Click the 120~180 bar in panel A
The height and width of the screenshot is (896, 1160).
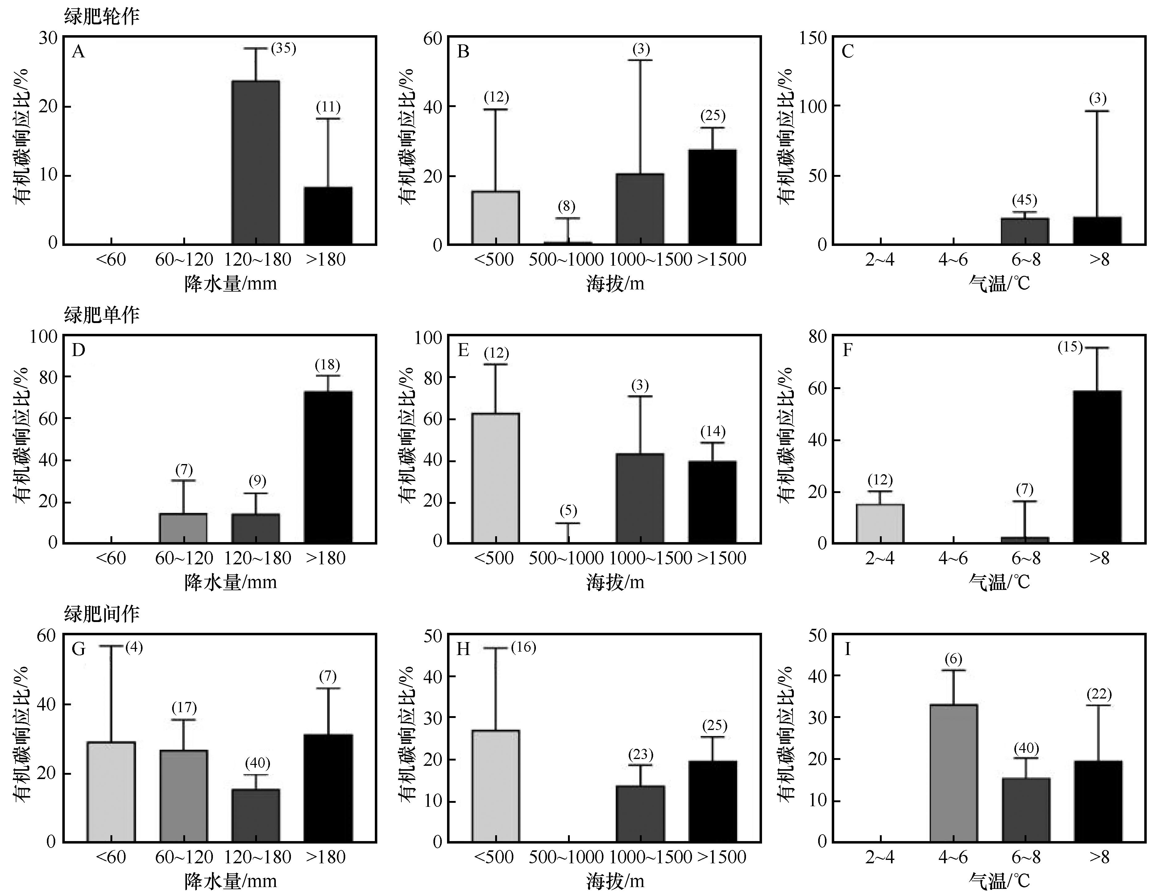[255, 163]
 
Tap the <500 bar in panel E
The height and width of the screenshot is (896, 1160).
[495, 478]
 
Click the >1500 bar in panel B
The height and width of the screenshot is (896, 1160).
[712, 197]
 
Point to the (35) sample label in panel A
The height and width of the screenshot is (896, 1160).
[283, 48]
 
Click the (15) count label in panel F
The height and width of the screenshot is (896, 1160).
[1070, 347]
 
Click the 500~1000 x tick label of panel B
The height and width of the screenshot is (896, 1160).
[566, 260]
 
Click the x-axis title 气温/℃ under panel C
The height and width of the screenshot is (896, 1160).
[999, 284]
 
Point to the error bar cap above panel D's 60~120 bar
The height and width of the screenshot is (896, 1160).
[183, 480]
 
